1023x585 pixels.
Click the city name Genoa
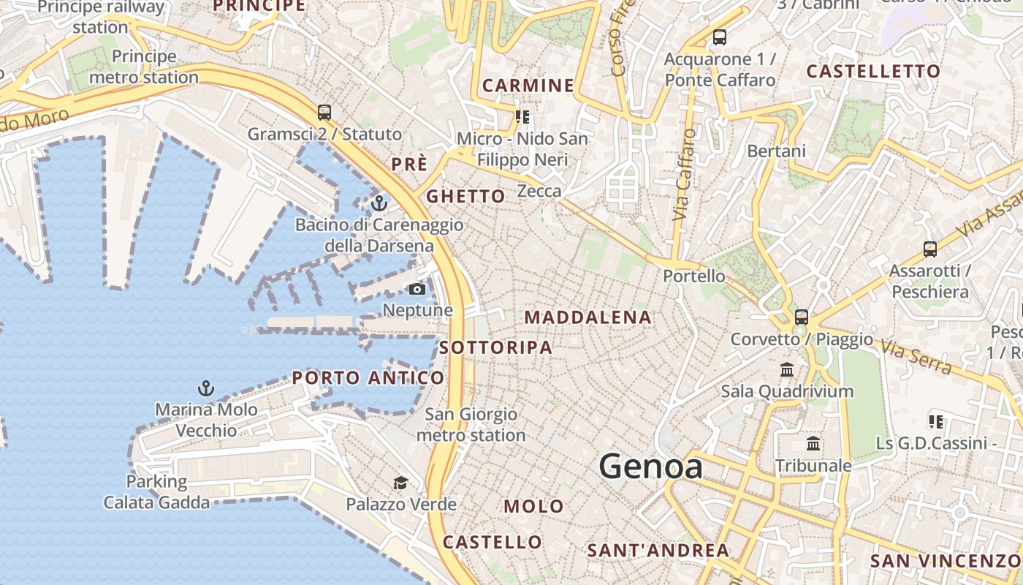pyautogui.click(x=651, y=467)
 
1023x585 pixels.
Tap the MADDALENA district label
pyautogui.click(x=588, y=317)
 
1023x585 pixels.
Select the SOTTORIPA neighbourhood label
pyautogui.click(x=496, y=347)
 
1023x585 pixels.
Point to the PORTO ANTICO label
pyautogui.click(x=368, y=378)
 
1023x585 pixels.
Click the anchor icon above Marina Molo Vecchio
pyautogui.click(x=206, y=388)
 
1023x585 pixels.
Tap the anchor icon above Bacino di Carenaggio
pyautogui.click(x=379, y=203)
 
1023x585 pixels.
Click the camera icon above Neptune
pyautogui.click(x=417, y=290)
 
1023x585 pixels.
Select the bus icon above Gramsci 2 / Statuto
pyautogui.click(x=324, y=113)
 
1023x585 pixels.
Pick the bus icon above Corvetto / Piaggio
pyautogui.click(x=802, y=317)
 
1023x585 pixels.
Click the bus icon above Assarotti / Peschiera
pyautogui.click(x=929, y=249)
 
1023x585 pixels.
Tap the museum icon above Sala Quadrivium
pyautogui.click(x=787, y=370)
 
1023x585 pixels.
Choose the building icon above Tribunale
pyautogui.click(x=813, y=444)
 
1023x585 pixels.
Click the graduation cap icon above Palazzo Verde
pyautogui.click(x=400, y=483)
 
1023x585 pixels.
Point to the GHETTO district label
pyautogui.click(x=465, y=196)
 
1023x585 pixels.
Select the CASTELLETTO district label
pyautogui.click(x=873, y=72)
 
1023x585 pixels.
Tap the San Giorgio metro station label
pyautogui.click(x=471, y=425)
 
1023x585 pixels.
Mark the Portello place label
pyautogui.click(x=694, y=276)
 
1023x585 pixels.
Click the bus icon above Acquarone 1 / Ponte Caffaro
pyautogui.click(x=720, y=37)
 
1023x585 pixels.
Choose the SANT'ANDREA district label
pyautogui.click(x=658, y=551)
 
